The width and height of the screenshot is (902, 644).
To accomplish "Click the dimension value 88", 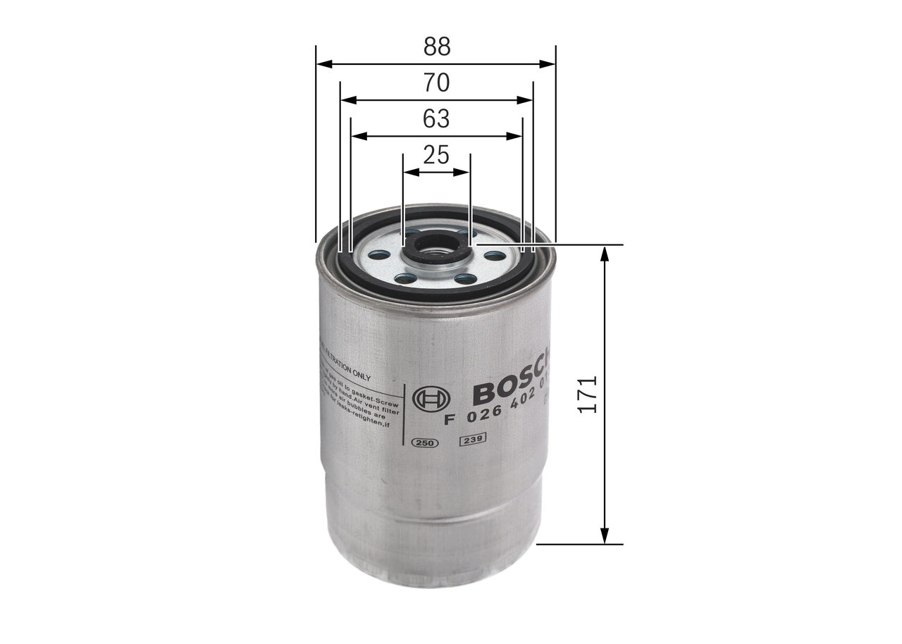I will (436, 47).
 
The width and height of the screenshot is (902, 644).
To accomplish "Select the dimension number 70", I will (436, 83).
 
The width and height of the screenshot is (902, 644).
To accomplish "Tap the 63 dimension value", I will (436, 119).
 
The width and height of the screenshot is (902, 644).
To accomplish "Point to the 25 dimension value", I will (436, 155).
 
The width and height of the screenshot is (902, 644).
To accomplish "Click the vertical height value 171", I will (588, 394).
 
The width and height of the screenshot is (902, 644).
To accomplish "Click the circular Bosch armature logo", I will (431, 400).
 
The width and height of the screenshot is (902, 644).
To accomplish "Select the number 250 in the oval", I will (424, 442).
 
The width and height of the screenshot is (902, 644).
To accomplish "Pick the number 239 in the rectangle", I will (471, 441).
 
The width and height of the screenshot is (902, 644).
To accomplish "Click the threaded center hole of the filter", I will (434, 247).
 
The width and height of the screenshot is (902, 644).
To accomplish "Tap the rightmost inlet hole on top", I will (495, 256).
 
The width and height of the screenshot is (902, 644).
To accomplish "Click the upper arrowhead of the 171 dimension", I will (604, 253).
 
